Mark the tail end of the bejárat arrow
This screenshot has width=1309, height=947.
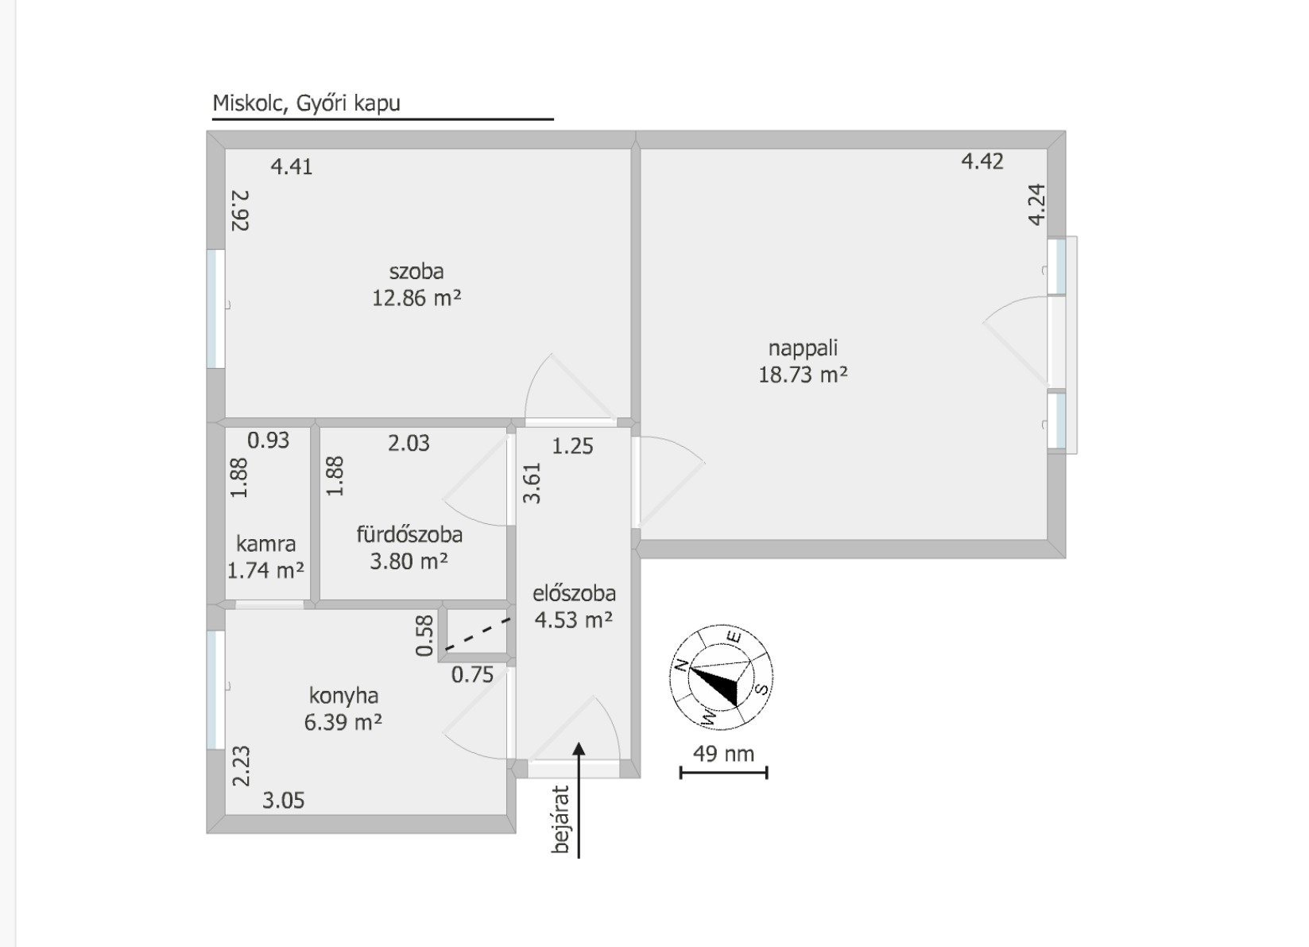[x=579, y=858]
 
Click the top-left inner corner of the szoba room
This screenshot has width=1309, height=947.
[x=226, y=149]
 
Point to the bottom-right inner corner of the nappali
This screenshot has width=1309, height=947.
[x=1048, y=540]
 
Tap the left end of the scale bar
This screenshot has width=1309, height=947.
[x=681, y=773]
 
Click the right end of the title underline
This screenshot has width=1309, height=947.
[x=553, y=119]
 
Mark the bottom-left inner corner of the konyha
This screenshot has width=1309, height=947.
[x=226, y=814]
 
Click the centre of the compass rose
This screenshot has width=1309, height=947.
[x=721, y=677]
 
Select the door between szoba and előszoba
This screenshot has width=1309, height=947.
[x=571, y=389]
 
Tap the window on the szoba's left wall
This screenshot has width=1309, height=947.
[x=216, y=309]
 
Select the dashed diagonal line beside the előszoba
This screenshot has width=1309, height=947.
[x=478, y=634]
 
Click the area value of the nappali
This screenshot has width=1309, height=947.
[x=803, y=375]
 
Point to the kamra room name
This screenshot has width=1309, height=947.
[x=266, y=544]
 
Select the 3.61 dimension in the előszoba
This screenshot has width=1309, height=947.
[x=533, y=483]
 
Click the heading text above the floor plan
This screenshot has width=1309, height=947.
[x=306, y=103]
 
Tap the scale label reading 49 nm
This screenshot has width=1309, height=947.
[x=723, y=754]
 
